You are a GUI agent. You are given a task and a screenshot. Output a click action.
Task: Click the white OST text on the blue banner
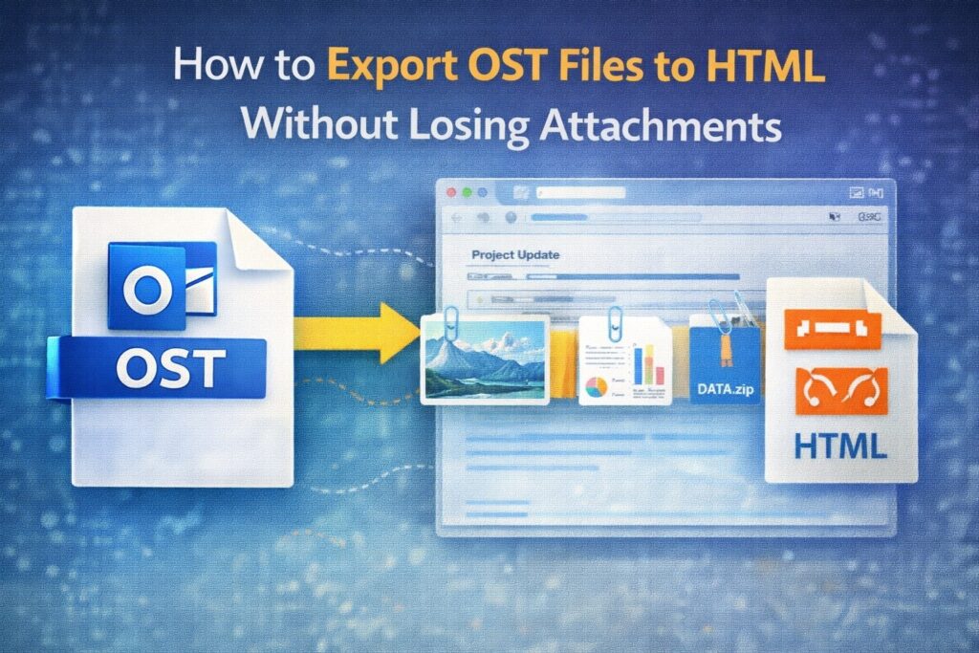pyautogui.click(x=168, y=365)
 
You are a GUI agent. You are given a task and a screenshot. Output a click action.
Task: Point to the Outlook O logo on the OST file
pyautogui.click(x=149, y=292)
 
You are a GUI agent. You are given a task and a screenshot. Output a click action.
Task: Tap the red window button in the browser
pyautogui.click(x=450, y=192)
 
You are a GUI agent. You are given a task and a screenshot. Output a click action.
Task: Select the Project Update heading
pyautogui.click(x=515, y=255)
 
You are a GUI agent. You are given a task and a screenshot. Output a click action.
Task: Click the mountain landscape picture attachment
pyautogui.click(x=485, y=359)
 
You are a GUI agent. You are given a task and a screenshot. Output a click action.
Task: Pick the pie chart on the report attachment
pyautogui.click(x=595, y=388)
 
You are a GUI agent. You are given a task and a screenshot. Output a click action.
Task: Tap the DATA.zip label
pyautogui.click(x=724, y=390)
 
